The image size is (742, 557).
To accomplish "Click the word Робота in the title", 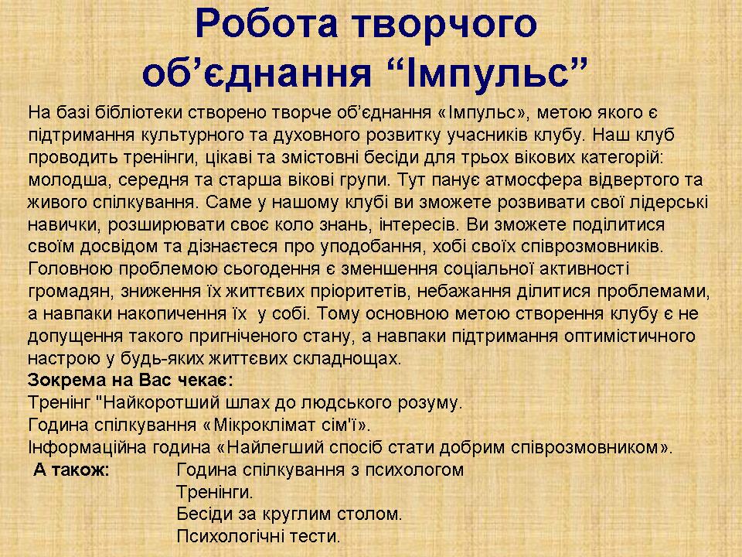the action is click(x=266, y=24).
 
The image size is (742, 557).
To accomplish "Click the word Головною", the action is click(x=70, y=269).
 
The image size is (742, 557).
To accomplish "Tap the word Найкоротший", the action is click(x=159, y=402).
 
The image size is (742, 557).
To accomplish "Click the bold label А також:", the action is click(x=72, y=470).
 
